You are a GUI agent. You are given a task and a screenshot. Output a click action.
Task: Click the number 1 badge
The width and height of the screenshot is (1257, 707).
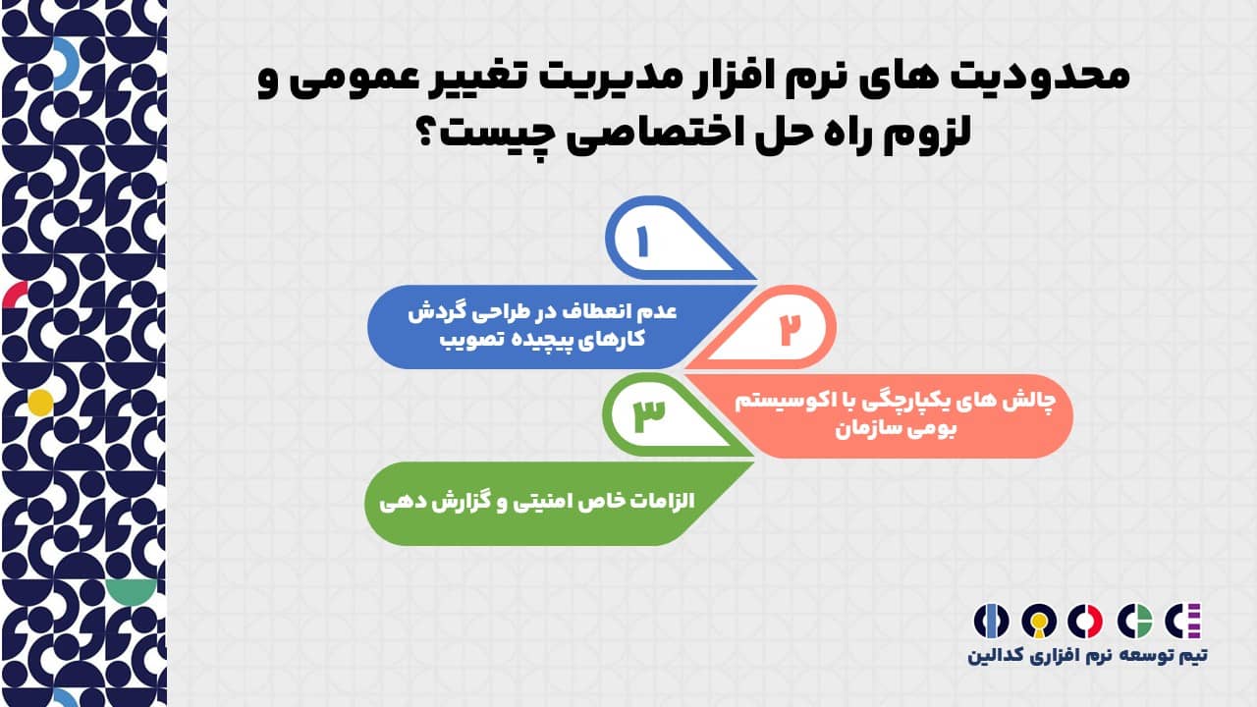point(644,241)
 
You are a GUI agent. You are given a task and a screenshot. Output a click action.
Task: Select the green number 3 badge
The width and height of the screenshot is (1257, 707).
point(649,414)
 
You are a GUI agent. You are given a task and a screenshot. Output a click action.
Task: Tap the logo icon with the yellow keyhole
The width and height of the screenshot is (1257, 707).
point(1038,621)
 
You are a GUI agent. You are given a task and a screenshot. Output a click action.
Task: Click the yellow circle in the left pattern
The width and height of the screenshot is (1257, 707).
point(40,401)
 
